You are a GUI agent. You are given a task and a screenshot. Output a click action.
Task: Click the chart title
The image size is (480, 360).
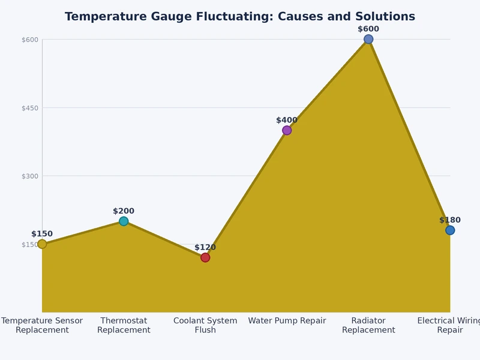click(239, 17)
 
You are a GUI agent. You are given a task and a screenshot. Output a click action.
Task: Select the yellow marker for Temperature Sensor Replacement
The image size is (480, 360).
click(42, 244)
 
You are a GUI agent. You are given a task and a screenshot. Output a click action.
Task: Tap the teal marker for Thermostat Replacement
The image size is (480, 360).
click(124, 221)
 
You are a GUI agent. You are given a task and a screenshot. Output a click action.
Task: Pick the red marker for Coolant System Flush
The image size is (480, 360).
click(205, 257)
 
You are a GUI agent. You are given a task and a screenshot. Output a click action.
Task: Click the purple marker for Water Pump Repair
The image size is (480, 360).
click(287, 130)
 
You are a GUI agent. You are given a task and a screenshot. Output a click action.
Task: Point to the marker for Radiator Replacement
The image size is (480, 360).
click(368, 40)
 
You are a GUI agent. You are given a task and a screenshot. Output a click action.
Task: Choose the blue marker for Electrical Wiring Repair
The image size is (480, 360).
click(450, 230)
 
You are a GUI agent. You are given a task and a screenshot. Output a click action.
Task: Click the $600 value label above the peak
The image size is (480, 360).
click(368, 29)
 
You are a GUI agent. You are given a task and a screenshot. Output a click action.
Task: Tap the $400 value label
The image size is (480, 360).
click(287, 120)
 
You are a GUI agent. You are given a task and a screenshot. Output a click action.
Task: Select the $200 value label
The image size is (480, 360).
click(124, 211)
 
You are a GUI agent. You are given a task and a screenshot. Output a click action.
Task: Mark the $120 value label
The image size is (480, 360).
click(205, 247)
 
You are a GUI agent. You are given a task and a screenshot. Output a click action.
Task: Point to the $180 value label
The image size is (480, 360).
click(450, 220)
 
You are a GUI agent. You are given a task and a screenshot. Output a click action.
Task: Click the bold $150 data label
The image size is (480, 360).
click(42, 234)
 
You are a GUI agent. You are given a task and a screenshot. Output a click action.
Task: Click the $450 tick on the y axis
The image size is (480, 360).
click(30, 108)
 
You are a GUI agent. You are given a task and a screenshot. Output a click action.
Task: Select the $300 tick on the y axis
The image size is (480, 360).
click(30, 176)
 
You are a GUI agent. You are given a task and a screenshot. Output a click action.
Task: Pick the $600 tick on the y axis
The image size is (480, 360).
click(30, 40)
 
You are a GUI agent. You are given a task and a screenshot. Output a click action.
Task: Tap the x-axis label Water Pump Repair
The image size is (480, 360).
click(287, 321)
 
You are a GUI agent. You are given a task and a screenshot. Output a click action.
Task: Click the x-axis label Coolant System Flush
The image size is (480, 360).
click(205, 325)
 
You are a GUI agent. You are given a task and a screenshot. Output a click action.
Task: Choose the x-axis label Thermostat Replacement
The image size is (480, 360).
click(124, 325)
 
